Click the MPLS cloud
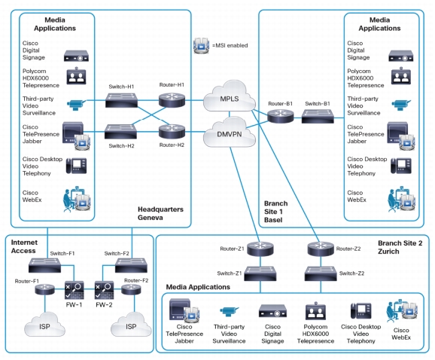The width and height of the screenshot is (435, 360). [x=230, y=96]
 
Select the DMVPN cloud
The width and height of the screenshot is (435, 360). [x=230, y=133]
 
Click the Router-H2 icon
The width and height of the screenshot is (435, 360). [x=172, y=131]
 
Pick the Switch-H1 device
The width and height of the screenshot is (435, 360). [x=121, y=100]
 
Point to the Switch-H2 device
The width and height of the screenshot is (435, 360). [x=120, y=132]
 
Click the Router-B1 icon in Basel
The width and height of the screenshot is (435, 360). [x=281, y=116]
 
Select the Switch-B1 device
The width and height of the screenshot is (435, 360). [x=318, y=116]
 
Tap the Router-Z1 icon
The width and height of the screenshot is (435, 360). [x=260, y=249]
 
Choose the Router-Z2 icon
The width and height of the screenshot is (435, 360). [x=321, y=249]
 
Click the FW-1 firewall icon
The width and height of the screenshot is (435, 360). [x=74, y=290]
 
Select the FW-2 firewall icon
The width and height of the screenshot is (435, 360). [x=104, y=290]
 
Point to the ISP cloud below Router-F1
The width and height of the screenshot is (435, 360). [x=44, y=325]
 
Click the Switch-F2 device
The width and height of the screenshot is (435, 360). [x=131, y=265]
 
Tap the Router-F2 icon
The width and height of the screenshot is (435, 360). [x=131, y=290]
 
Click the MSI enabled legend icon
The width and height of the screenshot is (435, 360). [x=201, y=45]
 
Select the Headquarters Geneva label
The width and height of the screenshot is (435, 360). [x=160, y=213]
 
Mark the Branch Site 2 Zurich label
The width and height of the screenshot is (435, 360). [x=400, y=247]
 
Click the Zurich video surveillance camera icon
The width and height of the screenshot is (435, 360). [x=229, y=312]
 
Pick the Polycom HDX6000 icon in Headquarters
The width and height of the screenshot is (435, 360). [x=76, y=76]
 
